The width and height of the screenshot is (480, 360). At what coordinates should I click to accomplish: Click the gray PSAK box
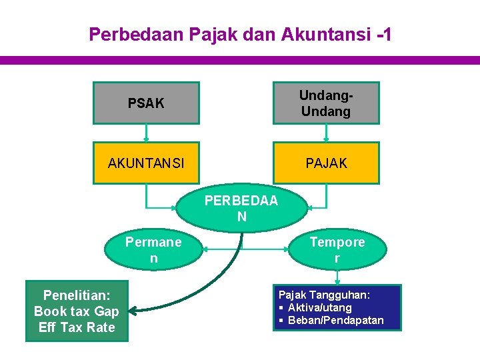pos(146,103)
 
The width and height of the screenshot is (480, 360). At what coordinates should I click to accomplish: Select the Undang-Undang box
pos(325,103)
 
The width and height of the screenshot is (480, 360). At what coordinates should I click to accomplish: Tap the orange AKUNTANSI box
pos(146,163)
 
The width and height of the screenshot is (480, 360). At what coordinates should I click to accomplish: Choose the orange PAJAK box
pos(325,163)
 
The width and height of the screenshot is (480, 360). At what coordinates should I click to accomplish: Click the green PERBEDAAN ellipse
pos(241,209)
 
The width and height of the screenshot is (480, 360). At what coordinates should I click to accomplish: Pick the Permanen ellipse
pos(153,250)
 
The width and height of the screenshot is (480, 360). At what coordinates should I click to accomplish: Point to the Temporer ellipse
pos(337,250)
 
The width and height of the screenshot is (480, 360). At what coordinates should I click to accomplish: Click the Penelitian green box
pos(77,311)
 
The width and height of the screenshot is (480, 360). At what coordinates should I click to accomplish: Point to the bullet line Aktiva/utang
pos(319,307)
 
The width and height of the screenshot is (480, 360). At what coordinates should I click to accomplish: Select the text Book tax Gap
pos(77,311)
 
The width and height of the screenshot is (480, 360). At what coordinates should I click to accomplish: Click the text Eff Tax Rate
pos(77,327)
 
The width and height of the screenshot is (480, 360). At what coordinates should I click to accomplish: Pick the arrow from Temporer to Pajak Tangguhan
pos(337,276)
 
